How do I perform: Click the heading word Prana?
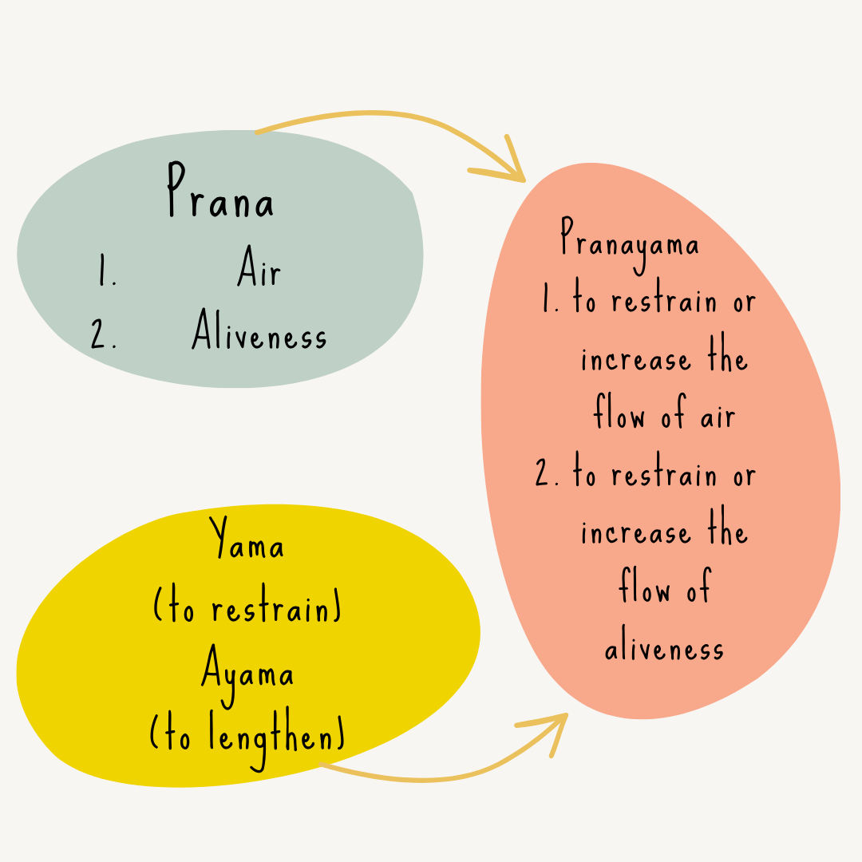(x=220, y=192)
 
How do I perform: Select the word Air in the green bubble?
(x=259, y=271)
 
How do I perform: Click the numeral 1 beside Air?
(x=105, y=271)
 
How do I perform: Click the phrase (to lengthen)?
(x=247, y=734)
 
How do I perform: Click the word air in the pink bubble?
(x=718, y=417)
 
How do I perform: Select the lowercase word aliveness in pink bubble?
(x=664, y=648)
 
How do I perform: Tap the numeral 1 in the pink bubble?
(x=550, y=302)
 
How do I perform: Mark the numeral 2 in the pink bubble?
(x=547, y=475)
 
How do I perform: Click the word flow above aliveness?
(x=646, y=589)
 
